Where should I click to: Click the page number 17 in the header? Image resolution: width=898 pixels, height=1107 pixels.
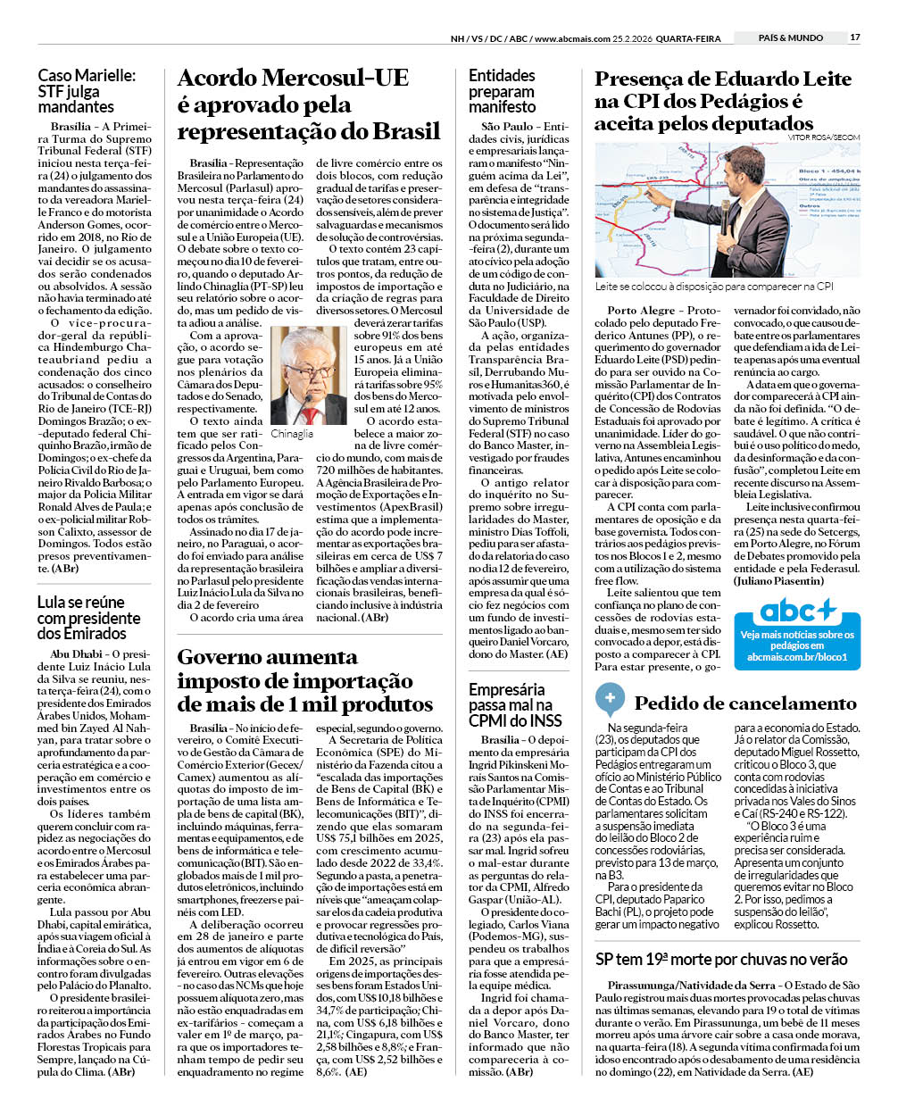tap(854, 37)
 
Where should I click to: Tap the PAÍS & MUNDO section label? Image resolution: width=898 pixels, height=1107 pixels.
tap(790, 37)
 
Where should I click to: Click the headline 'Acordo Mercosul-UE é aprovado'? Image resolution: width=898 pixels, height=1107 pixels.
tap(308, 104)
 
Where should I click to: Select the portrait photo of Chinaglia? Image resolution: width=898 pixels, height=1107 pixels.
tap(308, 374)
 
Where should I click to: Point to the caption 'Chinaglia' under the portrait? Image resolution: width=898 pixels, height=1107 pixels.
tap(292, 433)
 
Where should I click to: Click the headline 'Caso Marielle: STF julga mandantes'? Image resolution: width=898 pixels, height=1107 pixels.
tap(87, 91)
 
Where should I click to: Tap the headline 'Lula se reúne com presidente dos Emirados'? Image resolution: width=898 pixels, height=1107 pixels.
tap(88, 618)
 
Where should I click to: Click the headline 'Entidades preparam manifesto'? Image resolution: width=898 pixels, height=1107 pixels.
tap(502, 91)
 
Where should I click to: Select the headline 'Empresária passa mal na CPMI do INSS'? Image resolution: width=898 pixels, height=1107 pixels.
tap(516, 704)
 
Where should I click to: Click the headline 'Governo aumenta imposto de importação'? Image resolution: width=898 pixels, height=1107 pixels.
tap(304, 680)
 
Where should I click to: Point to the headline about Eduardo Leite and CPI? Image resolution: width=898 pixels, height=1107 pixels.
tap(723, 101)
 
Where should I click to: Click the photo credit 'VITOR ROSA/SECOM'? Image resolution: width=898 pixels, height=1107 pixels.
tap(824, 137)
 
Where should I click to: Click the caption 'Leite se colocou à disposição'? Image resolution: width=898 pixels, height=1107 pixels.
tap(714, 287)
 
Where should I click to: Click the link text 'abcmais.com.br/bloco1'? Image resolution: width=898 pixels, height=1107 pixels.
tap(796, 657)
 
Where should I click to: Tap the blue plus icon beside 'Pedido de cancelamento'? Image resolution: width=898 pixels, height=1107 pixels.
tap(610, 698)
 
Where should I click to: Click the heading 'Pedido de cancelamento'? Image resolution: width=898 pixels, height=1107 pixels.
tap(744, 703)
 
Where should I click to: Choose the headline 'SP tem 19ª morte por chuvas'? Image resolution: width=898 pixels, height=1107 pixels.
tap(720, 959)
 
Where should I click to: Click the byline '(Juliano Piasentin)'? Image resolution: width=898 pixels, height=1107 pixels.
tap(778, 580)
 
